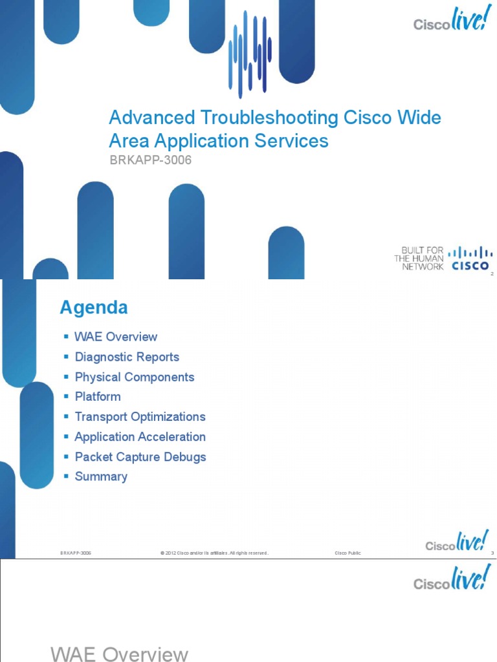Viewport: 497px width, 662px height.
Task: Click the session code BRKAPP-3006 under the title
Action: tap(150, 160)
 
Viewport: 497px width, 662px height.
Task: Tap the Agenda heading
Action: tap(94, 308)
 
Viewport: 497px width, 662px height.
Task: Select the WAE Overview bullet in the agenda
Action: tap(116, 337)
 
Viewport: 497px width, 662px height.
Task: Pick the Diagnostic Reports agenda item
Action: tap(127, 357)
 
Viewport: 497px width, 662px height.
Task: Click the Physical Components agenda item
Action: tap(134, 377)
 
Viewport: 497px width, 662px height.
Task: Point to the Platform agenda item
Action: tap(98, 396)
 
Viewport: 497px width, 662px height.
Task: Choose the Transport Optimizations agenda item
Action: tap(140, 416)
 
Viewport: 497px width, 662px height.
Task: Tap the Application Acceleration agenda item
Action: tap(140, 436)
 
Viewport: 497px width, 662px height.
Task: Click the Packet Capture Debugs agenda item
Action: tap(140, 456)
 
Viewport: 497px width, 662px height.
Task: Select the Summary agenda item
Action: tap(101, 476)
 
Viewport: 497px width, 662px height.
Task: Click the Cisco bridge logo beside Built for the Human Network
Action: tap(470, 258)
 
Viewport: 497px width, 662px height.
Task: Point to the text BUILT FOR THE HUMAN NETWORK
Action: tap(419, 258)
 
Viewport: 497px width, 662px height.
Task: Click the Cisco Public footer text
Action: tap(348, 553)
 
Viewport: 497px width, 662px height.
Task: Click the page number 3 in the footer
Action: tap(492, 553)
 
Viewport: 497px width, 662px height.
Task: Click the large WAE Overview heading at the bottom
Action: tap(120, 654)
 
